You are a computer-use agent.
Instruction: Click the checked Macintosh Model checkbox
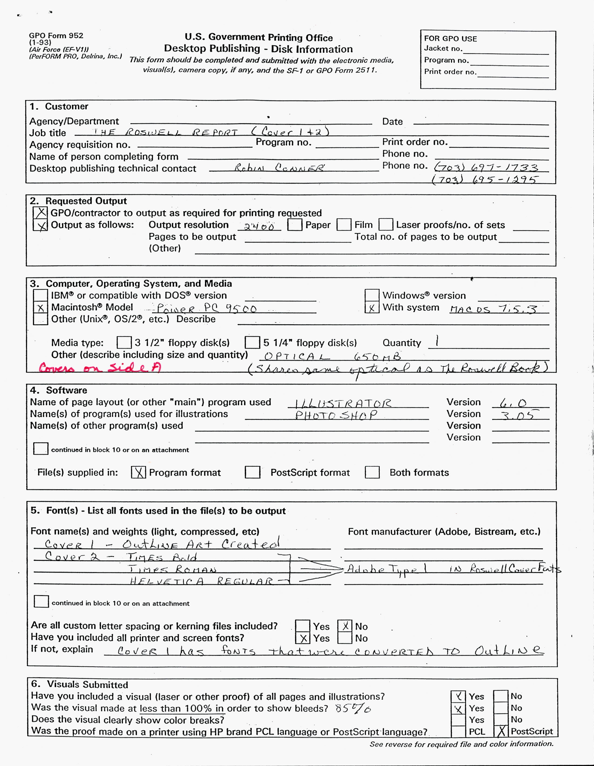click(x=40, y=308)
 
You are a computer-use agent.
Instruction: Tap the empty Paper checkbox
click(x=294, y=225)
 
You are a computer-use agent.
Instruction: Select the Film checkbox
click(x=344, y=225)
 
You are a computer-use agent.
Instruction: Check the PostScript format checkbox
click(x=252, y=472)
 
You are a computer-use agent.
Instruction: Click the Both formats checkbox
click(x=372, y=472)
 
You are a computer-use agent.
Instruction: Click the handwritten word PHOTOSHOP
click(x=336, y=415)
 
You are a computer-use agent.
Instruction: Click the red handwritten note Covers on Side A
click(x=100, y=368)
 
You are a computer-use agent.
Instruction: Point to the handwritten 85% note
click(x=353, y=709)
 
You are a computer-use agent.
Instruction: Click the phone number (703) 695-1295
click(x=484, y=180)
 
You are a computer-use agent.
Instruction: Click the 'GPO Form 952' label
click(x=56, y=35)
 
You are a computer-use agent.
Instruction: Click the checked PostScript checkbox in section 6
click(x=501, y=731)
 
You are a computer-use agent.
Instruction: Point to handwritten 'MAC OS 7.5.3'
click(x=493, y=309)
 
